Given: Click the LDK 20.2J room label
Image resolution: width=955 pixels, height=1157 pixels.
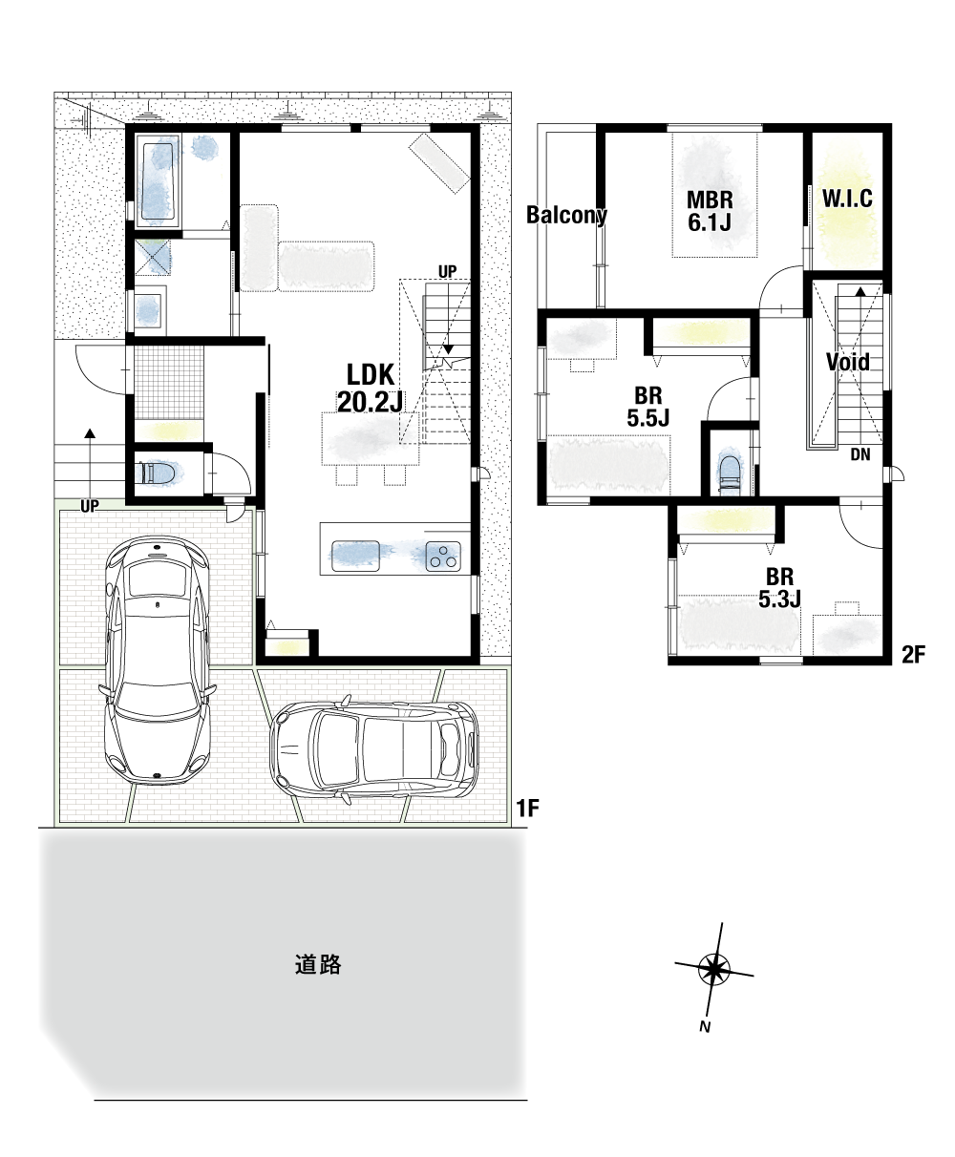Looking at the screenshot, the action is pos(370,389).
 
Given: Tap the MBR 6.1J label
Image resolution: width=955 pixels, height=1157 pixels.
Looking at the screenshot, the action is pos(710,211).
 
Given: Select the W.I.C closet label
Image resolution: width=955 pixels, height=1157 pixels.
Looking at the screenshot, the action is pos(847,199).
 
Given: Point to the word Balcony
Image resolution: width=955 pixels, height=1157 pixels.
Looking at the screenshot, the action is pos(566,215).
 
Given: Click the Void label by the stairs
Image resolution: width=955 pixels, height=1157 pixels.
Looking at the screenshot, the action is pos(847,363).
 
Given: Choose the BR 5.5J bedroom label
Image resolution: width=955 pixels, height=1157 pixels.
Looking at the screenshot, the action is pos(647,407).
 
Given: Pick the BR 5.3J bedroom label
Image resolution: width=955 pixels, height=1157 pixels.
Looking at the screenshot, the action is pos(779,588).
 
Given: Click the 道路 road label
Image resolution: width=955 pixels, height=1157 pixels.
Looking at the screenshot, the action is pos(318,965).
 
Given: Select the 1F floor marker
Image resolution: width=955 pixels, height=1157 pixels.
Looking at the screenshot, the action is pos(528,809).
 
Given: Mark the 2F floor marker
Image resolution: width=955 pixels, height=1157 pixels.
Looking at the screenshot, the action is pos(913,655).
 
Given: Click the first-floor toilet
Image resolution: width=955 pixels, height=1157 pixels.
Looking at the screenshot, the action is pos(156,473).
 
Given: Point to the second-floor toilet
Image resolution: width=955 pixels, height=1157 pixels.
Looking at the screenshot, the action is pos(729,473).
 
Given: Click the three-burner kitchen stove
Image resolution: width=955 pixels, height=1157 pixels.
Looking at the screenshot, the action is pos(443,557).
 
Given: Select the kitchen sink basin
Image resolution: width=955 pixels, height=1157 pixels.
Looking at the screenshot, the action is pos(355,556).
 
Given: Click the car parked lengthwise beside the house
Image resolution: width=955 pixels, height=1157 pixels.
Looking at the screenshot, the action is pos(157,661).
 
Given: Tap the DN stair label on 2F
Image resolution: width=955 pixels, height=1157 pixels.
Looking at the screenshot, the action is pos(860,455).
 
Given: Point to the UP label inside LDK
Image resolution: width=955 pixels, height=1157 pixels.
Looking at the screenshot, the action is pos(447,272).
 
